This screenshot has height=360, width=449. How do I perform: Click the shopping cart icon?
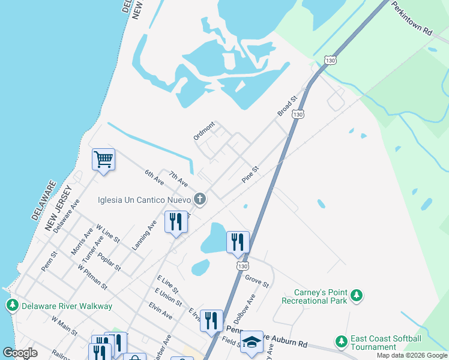pyautogui.click(x=103, y=160)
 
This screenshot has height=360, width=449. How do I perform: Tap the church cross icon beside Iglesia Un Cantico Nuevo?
pyautogui.click(x=200, y=199)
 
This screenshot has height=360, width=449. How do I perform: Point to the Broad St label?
pyautogui.click(x=287, y=106)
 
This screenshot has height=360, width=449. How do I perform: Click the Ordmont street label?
pyautogui.click(x=204, y=131)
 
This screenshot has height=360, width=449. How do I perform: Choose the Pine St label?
pyautogui.click(x=250, y=175)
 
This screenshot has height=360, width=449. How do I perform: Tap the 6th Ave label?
pyautogui.click(x=154, y=177)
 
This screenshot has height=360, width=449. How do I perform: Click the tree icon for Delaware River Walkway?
pyautogui.click(x=12, y=305)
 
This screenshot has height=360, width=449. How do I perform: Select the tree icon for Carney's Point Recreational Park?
pyautogui.click(x=357, y=295)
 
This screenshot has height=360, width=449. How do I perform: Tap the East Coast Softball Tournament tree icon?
pyautogui.click(x=342, y=341)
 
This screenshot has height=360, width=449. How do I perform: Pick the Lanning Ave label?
pyautogui.click(x=145, y=235)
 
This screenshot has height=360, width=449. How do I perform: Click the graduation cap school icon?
pyautogui.click(x=252, y=341)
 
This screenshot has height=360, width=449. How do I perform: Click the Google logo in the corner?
pyautogui.click(x=20, y=353)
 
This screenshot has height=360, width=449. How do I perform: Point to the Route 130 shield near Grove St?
pyautogui.click(x=242, y=265)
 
